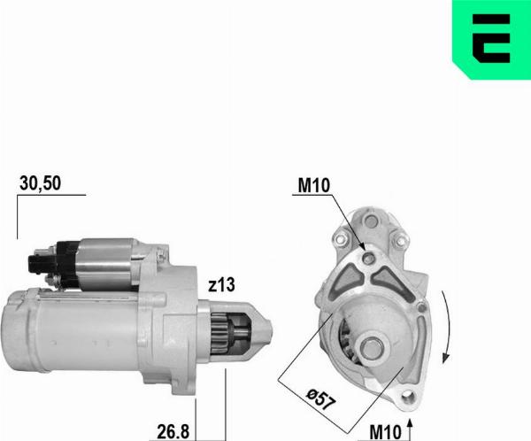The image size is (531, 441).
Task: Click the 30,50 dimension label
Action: coord(40,183)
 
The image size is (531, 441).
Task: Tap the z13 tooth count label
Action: coord(223,285)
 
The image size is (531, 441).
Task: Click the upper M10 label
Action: coord(314,186)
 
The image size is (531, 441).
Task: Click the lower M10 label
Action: coord(387,431)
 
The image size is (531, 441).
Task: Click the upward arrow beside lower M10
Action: coord(410,429)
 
